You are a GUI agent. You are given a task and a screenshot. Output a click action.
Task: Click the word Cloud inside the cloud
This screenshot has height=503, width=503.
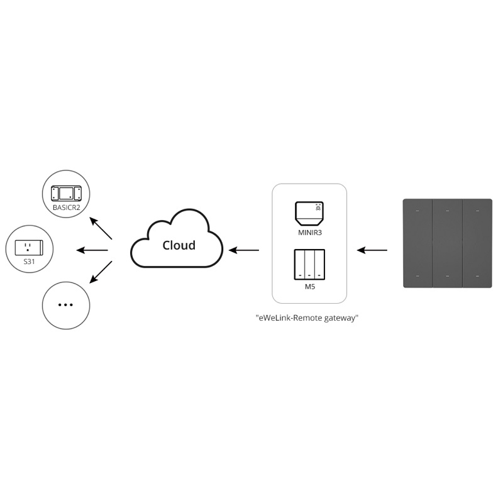tap(179, 245)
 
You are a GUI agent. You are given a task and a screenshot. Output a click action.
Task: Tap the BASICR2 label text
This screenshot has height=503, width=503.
tap(66, 206)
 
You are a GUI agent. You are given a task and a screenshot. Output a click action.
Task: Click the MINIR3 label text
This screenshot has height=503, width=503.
tap(309, 232)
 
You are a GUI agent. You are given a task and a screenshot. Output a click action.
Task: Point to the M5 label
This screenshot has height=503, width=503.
tap(309, 286)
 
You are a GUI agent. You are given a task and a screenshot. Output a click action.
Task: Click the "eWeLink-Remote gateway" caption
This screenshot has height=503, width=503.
tap(307, 318)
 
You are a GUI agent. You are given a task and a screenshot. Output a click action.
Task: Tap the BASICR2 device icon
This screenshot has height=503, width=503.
tap(66, 192)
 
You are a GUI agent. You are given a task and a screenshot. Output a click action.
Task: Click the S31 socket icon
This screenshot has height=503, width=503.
tap(29, 246)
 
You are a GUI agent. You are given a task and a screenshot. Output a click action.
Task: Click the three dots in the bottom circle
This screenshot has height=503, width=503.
tap(65, 305)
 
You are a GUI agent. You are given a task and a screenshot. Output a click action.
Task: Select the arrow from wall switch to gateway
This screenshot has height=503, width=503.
tap(372, 250)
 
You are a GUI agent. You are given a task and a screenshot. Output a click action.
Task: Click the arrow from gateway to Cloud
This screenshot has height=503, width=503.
tap(244, 250)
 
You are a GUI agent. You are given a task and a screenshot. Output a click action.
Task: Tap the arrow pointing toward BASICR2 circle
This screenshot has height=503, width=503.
tap(101, 228)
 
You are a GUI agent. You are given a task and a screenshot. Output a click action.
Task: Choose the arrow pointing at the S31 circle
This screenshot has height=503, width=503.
tap(92, 250)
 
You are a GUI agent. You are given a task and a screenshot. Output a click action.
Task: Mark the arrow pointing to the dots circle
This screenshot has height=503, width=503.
tap(101, 272)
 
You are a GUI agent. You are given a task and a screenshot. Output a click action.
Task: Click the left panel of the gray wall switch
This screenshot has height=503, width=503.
tap(417, 243)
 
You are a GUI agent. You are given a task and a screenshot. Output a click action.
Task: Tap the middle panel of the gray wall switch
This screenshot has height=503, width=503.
tap(447, 243)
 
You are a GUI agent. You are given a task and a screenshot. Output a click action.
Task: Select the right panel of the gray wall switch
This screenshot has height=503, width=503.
tap(477, 243)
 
